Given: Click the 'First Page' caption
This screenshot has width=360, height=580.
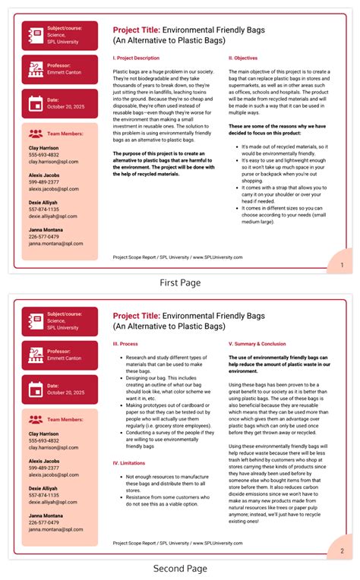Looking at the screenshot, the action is pos(180,282).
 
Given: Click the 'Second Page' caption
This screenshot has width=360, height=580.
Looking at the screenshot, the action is pos(180,568).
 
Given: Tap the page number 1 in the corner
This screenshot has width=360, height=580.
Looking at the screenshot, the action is pos(342,264).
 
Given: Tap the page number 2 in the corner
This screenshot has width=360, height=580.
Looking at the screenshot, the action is pos(342,550).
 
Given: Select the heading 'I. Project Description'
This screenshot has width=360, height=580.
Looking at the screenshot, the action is pos(136,58).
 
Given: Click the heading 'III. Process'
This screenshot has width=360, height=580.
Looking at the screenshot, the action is pos(125,343).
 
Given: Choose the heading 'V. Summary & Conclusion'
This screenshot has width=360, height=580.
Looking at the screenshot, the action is pos(257,343).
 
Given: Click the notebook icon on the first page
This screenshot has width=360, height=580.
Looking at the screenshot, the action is pos(33,35).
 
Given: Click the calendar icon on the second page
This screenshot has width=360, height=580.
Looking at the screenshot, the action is pos(33,389).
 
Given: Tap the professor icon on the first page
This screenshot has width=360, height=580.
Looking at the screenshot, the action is pos(33,69).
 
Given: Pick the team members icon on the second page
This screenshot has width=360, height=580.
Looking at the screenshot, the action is pos(34,418).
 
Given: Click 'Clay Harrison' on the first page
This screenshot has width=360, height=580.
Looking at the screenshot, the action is pos(44,147).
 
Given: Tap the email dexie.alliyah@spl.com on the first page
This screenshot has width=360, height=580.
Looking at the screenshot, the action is pos(54,216).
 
